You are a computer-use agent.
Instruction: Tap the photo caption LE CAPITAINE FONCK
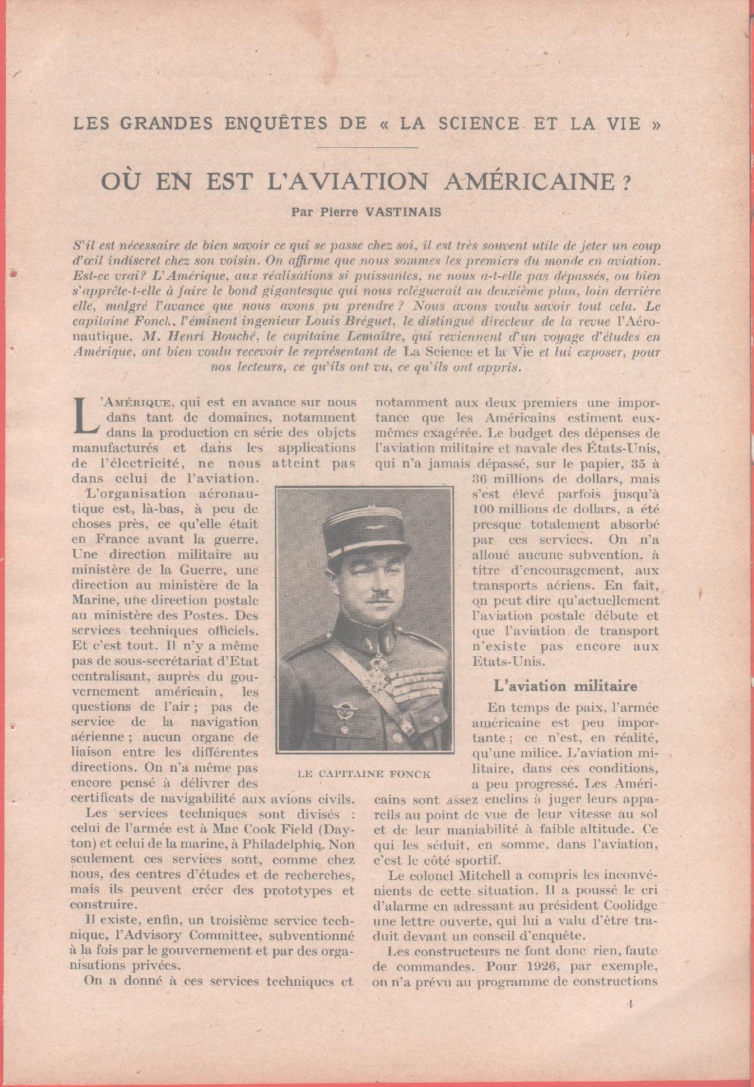click(x=364, y=774)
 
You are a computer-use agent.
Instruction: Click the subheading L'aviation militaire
click(x=565, y=686)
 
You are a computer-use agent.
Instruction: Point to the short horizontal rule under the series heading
click(x=367, y=148)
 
